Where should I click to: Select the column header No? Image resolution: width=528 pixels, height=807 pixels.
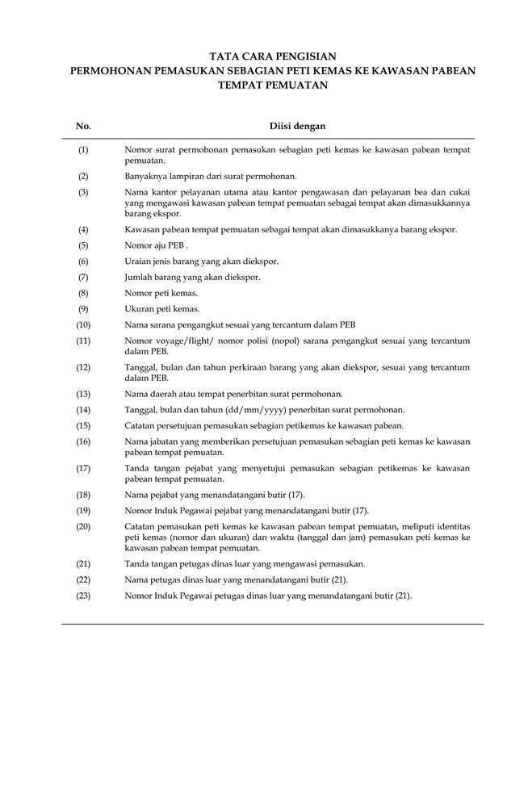(x=83, y=126)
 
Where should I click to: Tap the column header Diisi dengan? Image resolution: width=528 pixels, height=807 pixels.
(x=297, y=126)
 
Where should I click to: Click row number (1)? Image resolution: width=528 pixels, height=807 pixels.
(x=83, y=150)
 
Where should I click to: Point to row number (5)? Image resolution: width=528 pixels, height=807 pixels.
(x=83, y=245)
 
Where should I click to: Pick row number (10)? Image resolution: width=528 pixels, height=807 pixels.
(x=83, y=324)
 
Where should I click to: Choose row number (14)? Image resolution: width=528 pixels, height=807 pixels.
(x=83, y=410)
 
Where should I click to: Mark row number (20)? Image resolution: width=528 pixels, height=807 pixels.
(x=83, y=526)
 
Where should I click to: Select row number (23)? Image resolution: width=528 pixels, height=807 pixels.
(x=83, y=596)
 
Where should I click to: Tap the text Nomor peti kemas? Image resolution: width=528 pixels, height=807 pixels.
(x=161, y=293)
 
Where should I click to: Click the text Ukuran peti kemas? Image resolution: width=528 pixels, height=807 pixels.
(x=161, y=309)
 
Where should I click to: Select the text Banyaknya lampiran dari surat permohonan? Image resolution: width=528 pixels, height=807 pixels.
(x=211, y=176)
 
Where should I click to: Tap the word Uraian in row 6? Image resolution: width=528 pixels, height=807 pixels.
(x=137, y=261)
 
